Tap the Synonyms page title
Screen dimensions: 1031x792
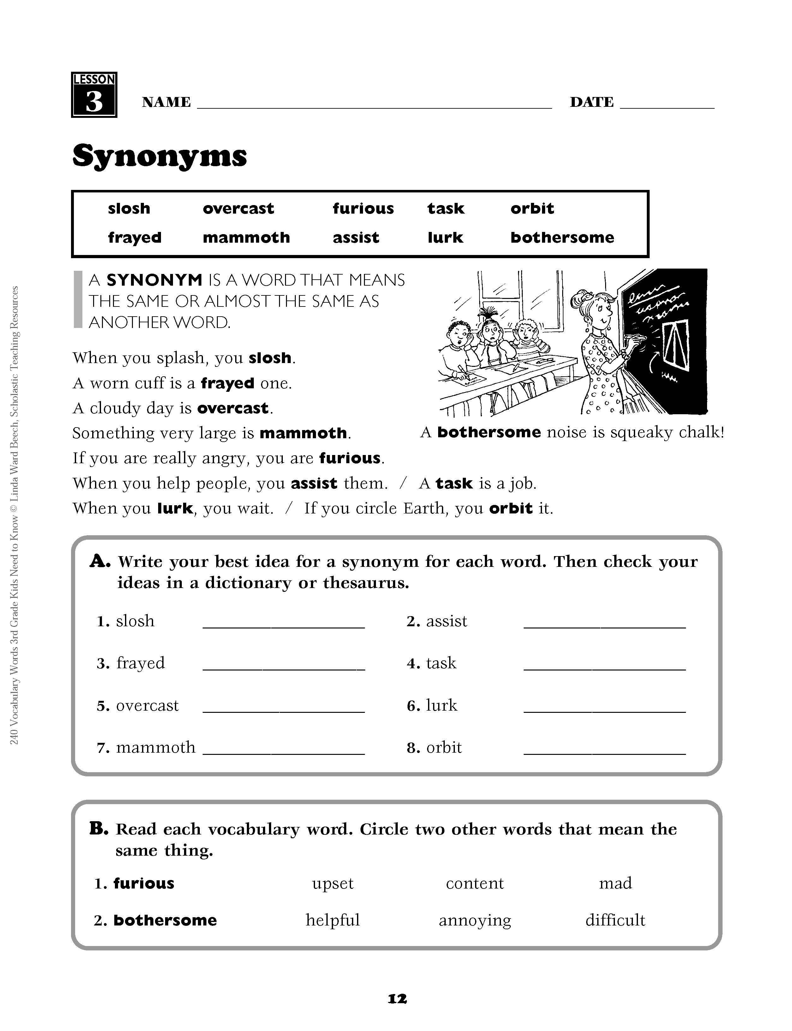coord(159,156)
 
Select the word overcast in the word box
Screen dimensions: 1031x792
coord(238,209)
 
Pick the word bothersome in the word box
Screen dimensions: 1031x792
coord(562,237)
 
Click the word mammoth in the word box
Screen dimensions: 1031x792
coord(246,237)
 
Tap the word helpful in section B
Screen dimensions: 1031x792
coord(332,920)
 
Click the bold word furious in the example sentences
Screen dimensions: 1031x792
coord(349,458)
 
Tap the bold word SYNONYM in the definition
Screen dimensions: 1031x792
coord(154,280)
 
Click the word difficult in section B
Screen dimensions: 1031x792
coord(615,920)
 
